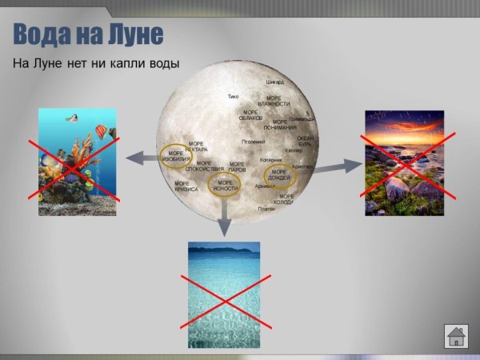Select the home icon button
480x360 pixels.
click(455, 336)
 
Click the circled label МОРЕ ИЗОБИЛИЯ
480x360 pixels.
click(175, 156)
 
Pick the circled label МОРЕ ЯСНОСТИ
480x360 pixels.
click(225, 186)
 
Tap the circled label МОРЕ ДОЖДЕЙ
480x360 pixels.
click(279, 174)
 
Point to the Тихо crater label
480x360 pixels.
click(233, 97)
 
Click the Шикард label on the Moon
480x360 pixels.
click(275, 82)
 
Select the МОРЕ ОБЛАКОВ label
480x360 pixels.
click(250, 115)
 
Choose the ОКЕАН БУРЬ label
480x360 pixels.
click(306, 142)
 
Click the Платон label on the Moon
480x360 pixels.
click(266, 209)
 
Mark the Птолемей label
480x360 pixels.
click(253, 142)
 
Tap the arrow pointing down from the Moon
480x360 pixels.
click(226, 221)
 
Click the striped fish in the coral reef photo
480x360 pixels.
click(102, 131)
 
